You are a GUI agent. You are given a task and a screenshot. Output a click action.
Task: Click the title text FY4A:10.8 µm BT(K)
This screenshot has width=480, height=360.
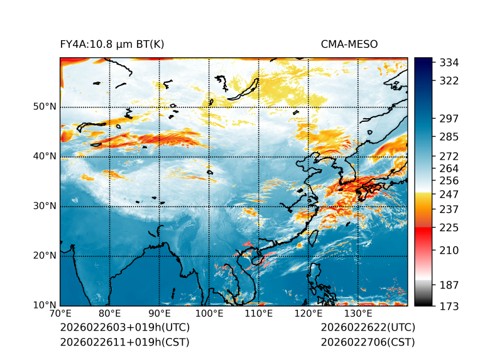112,45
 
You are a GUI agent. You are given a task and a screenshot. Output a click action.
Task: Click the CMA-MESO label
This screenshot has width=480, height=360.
349,45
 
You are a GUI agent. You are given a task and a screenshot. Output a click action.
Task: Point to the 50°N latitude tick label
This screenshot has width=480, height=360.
45,107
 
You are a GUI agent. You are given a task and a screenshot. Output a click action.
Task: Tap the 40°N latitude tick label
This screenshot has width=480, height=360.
45,156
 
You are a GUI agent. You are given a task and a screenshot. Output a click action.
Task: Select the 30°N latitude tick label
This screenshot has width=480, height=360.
45,206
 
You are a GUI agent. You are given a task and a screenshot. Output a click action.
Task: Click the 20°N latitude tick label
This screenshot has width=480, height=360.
45,256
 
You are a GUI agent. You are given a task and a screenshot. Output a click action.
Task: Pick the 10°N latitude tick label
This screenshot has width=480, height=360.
45,306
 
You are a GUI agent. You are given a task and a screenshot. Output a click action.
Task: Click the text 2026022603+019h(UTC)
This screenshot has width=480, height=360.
124,328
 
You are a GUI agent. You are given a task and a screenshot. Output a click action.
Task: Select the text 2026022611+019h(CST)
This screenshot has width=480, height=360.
124,342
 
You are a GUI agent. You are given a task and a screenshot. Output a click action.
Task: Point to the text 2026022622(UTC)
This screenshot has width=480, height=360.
368,328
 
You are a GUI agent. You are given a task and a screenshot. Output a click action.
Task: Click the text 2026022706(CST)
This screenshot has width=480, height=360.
368,342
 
